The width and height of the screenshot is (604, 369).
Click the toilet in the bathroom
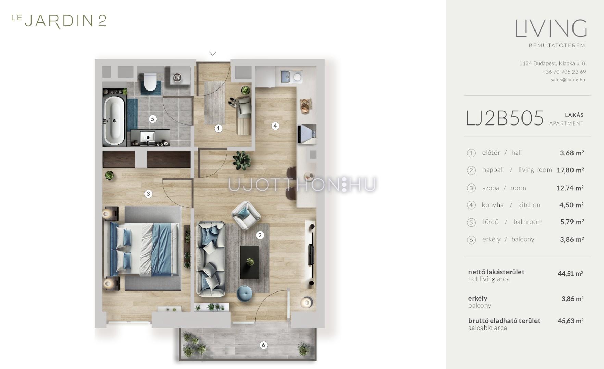[150, 81]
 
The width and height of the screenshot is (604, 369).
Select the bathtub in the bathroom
[114, 120]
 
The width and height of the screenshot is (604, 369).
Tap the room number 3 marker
[148, 194]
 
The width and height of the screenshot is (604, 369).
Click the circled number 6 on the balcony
[263, 345]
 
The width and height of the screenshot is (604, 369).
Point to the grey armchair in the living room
[246, 215]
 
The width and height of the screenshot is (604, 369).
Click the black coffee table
[250, 262]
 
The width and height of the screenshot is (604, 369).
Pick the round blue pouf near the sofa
[244, 294]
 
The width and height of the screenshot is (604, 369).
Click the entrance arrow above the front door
[213, 53]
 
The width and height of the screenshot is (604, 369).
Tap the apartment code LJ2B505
[505, 118]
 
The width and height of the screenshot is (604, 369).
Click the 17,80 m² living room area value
[570, 170]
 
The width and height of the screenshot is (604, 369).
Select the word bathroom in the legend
[528, 222]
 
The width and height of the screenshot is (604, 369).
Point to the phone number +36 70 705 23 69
[564, 72]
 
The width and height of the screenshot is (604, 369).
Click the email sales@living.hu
[568, 80]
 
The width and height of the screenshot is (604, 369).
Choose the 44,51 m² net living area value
[570, 274]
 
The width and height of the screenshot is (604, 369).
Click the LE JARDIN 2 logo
[59, 21]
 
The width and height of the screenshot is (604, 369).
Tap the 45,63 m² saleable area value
[570, 321]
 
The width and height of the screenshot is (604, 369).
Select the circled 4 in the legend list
[471, 205]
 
